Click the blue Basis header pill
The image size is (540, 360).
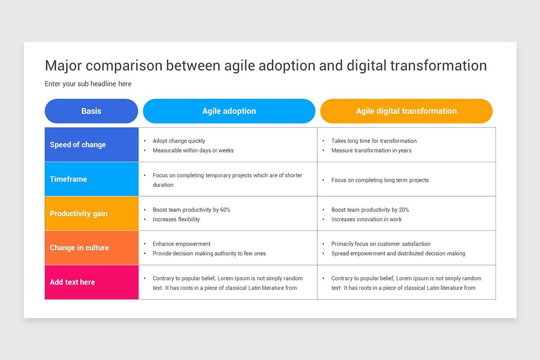pyautogui.click(x=91, y=111)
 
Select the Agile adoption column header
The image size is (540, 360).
pyautogui.click(x=229, y=111)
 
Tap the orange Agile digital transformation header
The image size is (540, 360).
pyautogui.click(x=406, y=111)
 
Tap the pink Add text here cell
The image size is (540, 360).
pyautogui.click(x=92, y=282)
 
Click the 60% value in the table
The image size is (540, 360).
pyautogui.click(x=225, y=210)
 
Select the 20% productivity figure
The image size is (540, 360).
pyautogui.click(x=404, y=210)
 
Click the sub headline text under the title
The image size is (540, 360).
pyautogui.click(x=88, y=84)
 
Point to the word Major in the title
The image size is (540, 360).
pyautogui.click(x=63, y=66)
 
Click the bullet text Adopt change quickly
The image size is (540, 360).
pyautogui.click(x=179, y=141)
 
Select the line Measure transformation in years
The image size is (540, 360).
pyautogui.click(x=371, y=150)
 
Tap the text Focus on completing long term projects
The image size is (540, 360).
pyautogui.click(x=380, y=180)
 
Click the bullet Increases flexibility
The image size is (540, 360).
pyautogui.click(x=176, y=220)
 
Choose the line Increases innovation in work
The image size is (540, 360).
pyautogui.click(x=366, y=220)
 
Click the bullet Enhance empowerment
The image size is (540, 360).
pyautogui.click(x=181, y=244)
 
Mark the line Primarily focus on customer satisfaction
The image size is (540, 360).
pyautogui.click(x=381, y=244)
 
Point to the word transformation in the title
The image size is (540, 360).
pyautogui.click(x=438, y=66)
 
